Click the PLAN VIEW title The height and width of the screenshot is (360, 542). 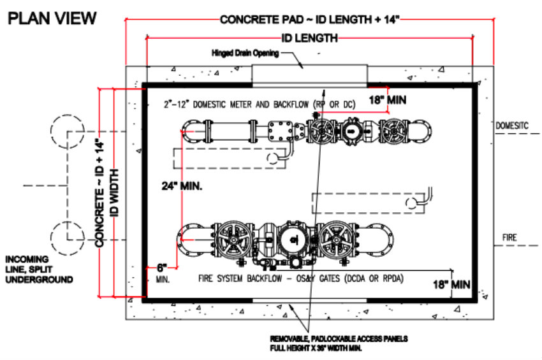[52, 18]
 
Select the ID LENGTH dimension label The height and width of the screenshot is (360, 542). [309, 38]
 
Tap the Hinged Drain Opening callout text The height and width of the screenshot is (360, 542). [245, 54]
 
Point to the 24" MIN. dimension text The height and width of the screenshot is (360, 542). [182, 186]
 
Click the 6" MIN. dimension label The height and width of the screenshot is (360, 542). [163, 273]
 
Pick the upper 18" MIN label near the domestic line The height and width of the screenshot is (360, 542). [387, 100]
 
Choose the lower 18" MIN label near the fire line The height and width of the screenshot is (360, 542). [451, 284]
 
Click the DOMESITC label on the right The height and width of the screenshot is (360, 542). [512, 126]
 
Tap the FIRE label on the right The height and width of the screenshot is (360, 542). [509, 238]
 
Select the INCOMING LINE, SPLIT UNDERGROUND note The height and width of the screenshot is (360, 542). [39, 270]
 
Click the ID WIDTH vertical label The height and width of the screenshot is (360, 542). [115, 193]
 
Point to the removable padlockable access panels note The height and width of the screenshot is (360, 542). [339, 343]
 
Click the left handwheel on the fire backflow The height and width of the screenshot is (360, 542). [235, 240]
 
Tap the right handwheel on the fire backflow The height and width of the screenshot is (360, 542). [335, 240]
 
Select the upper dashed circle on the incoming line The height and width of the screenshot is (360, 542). [68, 115]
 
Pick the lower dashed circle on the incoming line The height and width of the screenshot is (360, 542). [68, 222]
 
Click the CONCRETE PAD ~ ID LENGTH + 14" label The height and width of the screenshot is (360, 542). [309, 19]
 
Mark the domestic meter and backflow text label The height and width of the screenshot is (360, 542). [260, 104]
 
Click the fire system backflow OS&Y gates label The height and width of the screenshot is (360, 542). [301, 278]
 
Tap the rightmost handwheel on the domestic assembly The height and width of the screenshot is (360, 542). [393, 131]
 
